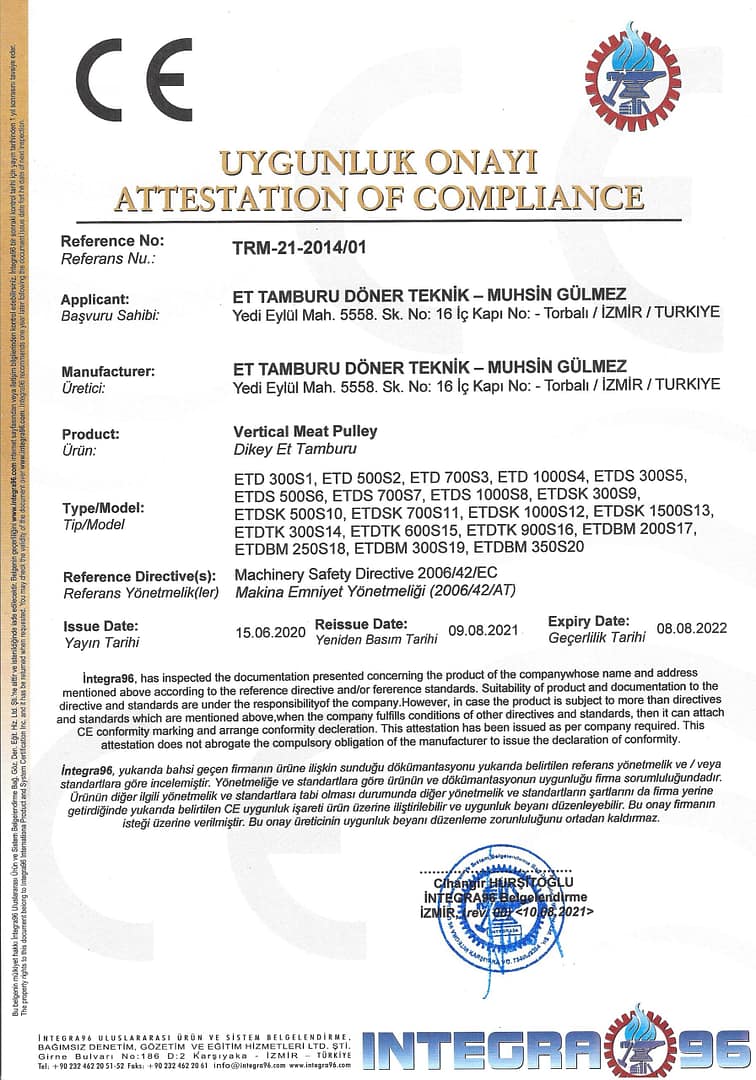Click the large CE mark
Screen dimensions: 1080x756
pyautogui.click(x=134, y=80)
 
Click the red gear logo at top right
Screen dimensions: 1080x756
pyautogui.click(x=632, y=78)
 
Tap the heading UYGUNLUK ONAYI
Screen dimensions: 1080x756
pyautogui.click(x=378, y=162)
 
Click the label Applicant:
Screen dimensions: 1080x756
pyautogui.click(x=95, y=299)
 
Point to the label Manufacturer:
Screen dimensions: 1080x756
pyautogui.click(x=107, y=371)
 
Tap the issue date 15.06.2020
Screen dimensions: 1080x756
pyautogui.click(x=270, y=632)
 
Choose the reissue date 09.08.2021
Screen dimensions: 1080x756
pyautogui.click(x=484, y=632)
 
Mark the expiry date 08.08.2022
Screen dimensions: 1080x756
pyautogui.click(x=691, y=628)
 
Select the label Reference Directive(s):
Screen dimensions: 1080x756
pyautogui.click(x=139, y=577)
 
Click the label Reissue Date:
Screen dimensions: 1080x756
pyautogui.click(x=361, y=623)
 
